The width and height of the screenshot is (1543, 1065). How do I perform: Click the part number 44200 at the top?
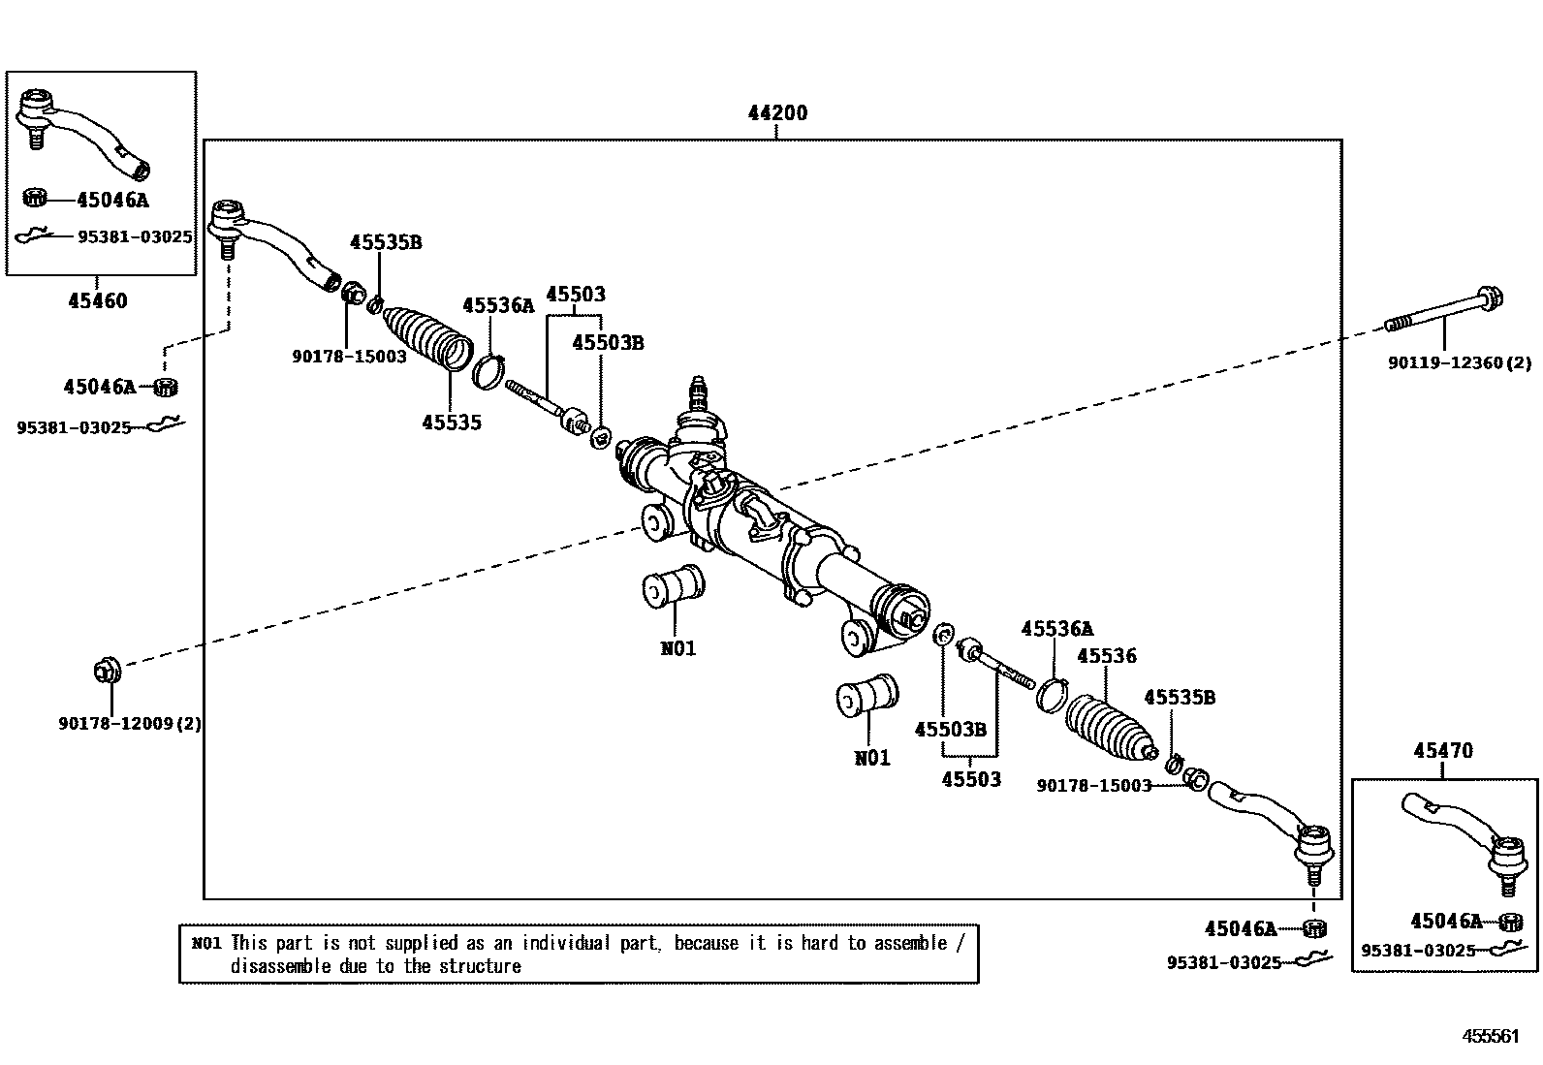pos(777,112)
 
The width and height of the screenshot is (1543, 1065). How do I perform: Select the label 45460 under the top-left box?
pos(98,300)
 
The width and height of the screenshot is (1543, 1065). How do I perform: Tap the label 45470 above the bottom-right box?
pos(1443,750)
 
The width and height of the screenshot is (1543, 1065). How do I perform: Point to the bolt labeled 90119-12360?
pos(1444,311)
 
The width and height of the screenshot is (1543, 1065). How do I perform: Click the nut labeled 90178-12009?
pos(108,670)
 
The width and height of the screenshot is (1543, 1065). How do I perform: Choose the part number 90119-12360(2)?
pos(1460,362)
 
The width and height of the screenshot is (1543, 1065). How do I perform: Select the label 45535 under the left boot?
pos(452,423)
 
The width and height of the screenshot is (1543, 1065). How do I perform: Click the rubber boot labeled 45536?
pos(1111,728)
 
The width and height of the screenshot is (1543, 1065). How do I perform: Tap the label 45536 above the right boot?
pos(1107,655)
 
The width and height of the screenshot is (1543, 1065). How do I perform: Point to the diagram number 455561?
pos(1491,1035)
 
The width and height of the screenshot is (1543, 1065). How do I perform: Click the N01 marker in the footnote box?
pos(206,942)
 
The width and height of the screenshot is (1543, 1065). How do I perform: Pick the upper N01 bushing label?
pos(678,648)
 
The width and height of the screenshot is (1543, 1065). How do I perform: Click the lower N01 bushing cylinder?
pos(867,696)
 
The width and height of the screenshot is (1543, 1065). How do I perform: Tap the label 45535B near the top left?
pos(386,242)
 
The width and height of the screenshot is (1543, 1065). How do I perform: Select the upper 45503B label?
pos(609,342)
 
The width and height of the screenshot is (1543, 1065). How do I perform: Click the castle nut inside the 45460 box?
pos(34,197)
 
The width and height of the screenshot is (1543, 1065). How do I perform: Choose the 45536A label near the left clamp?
pos(498,305)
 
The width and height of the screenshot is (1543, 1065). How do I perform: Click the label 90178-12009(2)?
pos(130,723)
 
